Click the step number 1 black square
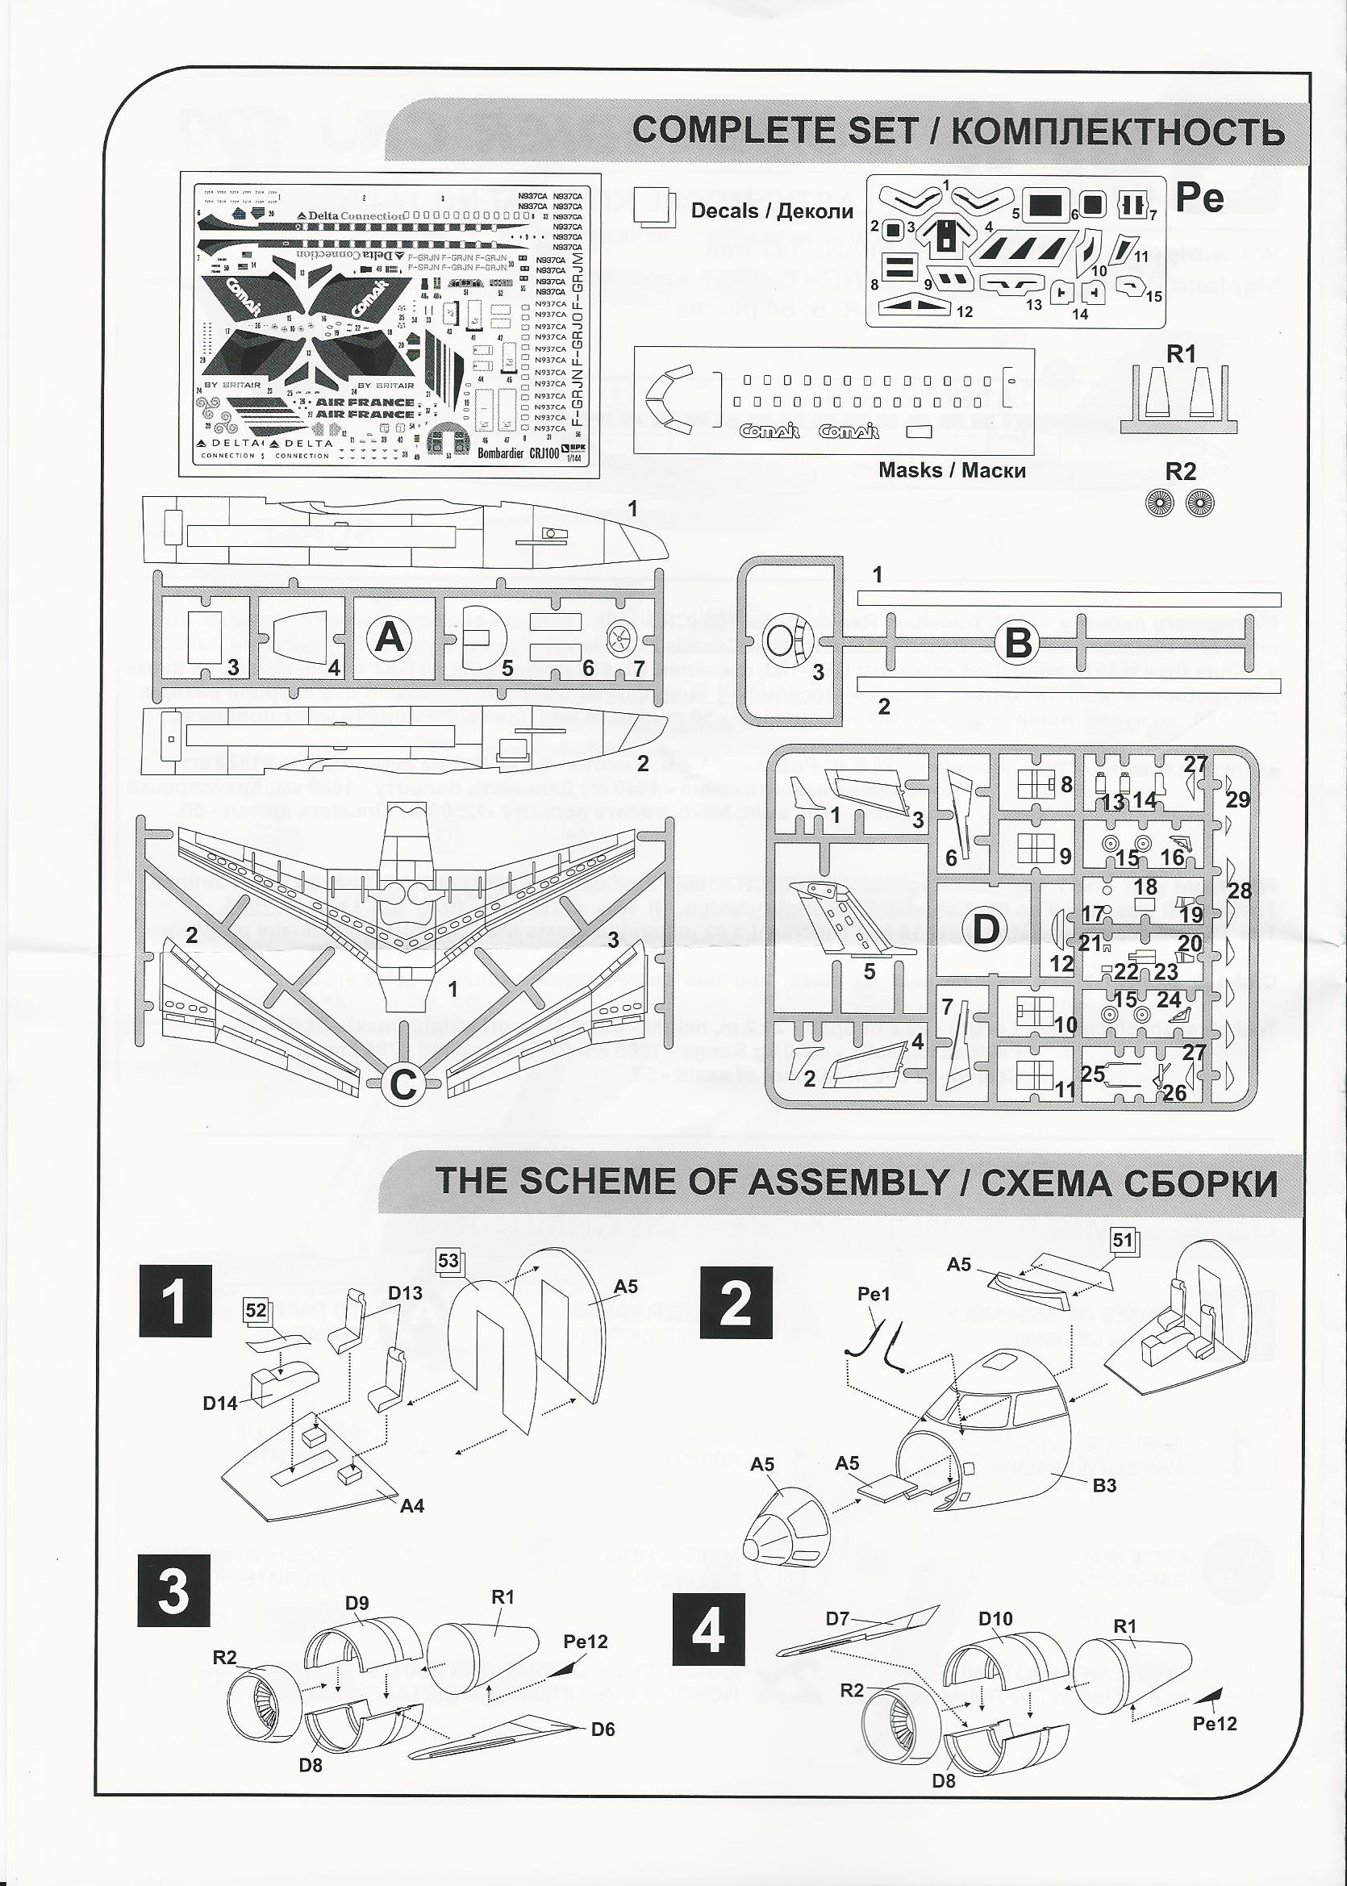pyautogui.click(x=175, y=1300)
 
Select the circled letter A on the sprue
pyautogui.click(x=389, y=638)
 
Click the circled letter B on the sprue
pyautogui.click(x=1018, y=643)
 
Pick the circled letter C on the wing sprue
pyautogui.click(x=402, y=1085)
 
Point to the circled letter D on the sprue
pyautogui.click(x=986, y=929)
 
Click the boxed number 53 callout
pyautogui.click(x=448, y=1261)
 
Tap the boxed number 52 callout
pyautogui.click(x=256, y=1309)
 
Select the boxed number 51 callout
pyautogui.click(x=1122, y=1240)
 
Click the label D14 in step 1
pyautogui.click(x=220, y=1403)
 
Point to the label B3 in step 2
pyautogui.click(x=1104, y=1484)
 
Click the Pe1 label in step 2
pyautogui.click(x=874, y=1294)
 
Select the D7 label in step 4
pyautogui.click(x=838, y=1618)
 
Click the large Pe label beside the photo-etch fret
pyautogui.click(x=1199, y=198)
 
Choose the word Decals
pyautogui.click(x=725, y=211)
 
